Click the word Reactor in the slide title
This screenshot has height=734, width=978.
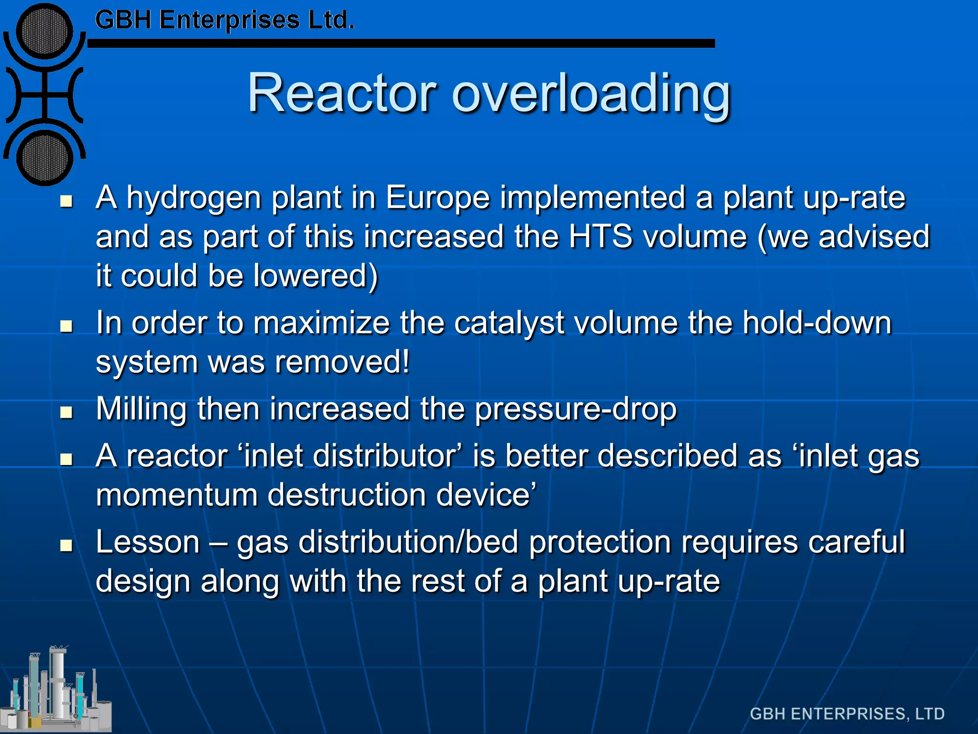342,93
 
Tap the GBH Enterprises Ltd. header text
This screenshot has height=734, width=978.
224,21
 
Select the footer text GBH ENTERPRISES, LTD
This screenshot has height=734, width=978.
847,713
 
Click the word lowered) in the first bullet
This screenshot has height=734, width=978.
315,276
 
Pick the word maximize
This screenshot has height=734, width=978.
321,323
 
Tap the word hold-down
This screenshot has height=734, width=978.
817,323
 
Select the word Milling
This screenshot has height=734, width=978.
141,410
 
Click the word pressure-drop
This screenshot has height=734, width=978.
575,410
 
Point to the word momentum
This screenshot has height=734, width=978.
177,495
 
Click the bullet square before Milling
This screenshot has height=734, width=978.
66,412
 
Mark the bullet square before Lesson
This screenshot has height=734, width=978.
66,545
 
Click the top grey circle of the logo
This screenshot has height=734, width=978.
44,32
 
